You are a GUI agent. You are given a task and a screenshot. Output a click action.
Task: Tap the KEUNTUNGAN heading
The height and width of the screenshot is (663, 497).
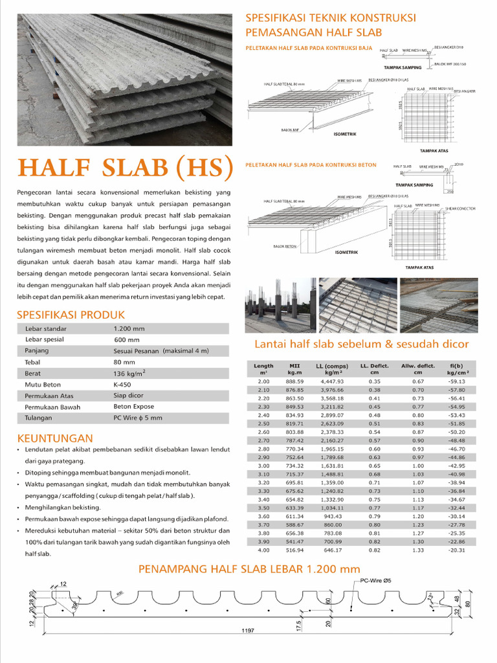(x=55, y=438)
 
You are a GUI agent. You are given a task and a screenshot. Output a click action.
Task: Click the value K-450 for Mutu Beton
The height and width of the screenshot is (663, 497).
(x=123, y=384)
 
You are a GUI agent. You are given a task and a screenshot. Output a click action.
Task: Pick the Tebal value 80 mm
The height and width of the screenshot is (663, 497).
(x=124, y=362)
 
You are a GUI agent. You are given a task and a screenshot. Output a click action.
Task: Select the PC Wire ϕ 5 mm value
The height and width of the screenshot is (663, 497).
(x=138, y=418)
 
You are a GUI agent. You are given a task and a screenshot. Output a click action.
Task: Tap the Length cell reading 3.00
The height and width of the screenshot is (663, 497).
(x=263, y=466)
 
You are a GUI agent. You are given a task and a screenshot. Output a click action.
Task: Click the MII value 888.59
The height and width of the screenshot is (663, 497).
(x=295, y=381)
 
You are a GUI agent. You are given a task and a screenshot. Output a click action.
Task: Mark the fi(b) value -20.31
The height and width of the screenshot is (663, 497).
(x=456, y=550)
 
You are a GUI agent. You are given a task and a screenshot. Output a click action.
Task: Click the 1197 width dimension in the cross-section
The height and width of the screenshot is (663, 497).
(x=245, y=630)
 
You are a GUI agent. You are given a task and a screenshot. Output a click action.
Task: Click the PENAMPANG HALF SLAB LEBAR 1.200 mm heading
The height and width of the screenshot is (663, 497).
(x=249, y=569)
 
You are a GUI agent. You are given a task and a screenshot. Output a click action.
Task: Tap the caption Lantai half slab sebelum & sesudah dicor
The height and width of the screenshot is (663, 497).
(x=361, y=343)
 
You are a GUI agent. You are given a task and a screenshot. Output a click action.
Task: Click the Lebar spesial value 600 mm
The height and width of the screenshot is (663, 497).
(x=127, y=339)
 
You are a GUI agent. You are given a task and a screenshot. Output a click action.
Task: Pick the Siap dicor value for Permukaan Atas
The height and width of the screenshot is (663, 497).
(x=129, y=395)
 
